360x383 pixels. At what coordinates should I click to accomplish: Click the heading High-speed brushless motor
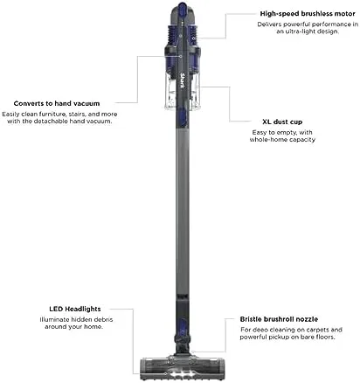(x=308, y=14)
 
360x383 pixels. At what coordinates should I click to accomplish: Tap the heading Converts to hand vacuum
(x=57, y=103)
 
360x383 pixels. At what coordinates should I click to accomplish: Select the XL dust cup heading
(x=282, y=122)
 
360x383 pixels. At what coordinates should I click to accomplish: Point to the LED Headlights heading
(x=75, y=309)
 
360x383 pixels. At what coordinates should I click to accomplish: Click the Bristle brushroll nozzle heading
(x=279, y=319)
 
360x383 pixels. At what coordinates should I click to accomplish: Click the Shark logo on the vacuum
(x=183, y=80)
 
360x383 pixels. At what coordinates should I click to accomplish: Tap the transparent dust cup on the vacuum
(x=183, y=91)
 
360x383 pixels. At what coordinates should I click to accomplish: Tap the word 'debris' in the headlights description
(x=102, y=320)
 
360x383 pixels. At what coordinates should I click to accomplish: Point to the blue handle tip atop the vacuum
(x=183, y=6)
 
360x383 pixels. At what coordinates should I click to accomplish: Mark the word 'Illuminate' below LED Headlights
(x=54, y=320)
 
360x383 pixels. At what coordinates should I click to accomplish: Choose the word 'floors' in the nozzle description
(x=325, y=338)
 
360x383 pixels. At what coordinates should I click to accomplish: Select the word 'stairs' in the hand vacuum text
(x=77, y=115)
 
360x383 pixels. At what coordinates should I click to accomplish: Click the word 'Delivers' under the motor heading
(x=269, y=24)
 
